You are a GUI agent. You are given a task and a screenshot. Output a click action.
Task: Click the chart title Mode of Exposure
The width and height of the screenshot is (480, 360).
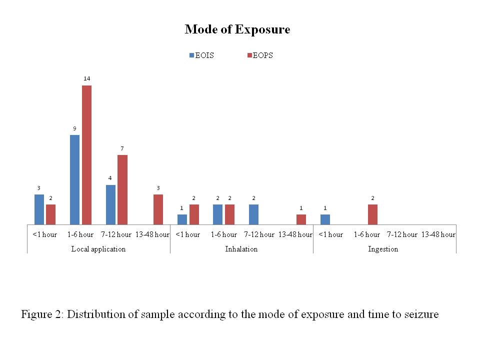coord(237,29)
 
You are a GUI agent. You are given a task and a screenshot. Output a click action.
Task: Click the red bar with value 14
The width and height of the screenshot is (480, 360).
coord(86,155)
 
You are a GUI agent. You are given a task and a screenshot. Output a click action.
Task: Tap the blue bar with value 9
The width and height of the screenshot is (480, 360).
coord(74,180)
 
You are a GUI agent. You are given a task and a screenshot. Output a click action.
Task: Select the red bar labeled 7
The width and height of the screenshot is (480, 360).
coord(122,189)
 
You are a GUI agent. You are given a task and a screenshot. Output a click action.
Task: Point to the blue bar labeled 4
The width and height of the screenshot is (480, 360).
coord(110,204)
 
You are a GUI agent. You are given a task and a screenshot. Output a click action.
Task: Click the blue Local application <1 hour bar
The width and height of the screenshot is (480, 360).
coord(39,209)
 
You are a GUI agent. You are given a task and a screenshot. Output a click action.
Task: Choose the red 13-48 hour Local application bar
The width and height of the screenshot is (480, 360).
coord(158,209)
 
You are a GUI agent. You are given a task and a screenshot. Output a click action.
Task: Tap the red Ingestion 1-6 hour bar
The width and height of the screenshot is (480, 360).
coord(372,214)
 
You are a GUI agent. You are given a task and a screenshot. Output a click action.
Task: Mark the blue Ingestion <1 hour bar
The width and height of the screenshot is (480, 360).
coord(325,219)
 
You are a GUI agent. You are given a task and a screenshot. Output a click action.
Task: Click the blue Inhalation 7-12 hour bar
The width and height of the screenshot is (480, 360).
coord(253,214)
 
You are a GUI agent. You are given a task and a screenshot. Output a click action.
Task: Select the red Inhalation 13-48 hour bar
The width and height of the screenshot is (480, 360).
coord(301,219)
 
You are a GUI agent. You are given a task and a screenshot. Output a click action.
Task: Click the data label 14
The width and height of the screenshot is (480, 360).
coord(86,78)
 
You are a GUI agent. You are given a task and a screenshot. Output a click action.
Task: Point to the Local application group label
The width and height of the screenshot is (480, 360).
coord(98,249)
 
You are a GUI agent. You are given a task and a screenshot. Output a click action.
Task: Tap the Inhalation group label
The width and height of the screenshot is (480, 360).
coord(241,249)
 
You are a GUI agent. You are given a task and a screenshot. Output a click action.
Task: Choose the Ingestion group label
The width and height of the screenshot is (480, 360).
coord(383,249)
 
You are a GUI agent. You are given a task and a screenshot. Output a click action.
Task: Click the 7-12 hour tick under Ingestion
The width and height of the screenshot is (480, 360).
coord(402,234)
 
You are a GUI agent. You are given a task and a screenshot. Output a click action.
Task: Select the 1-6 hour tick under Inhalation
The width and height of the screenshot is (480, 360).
coord(223,234)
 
